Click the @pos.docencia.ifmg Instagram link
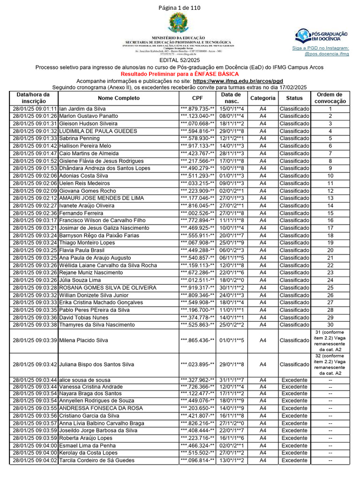[x=327, y=54]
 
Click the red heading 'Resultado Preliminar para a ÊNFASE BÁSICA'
[x=180, y=74]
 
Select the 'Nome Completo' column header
[x=119, y=98]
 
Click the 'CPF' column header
[x=197, y=98]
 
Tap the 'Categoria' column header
[x=262, y=98]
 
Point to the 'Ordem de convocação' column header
[x=330, y=98]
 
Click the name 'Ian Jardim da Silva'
[x=82, y=109]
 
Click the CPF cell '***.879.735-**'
[x=197, y=109]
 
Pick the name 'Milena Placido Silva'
[x=83, y=340]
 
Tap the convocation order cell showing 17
[x=330, y=228]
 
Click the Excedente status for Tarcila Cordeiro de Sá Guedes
[x=294, y=460]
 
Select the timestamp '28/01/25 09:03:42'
[x=35, y=364]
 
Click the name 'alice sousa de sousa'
[x=84, y=380]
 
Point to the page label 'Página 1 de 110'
[x=180, y=8]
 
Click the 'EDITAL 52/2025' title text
[x=180, y=60]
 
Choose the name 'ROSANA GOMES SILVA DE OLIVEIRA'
[x=108, y=288]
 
